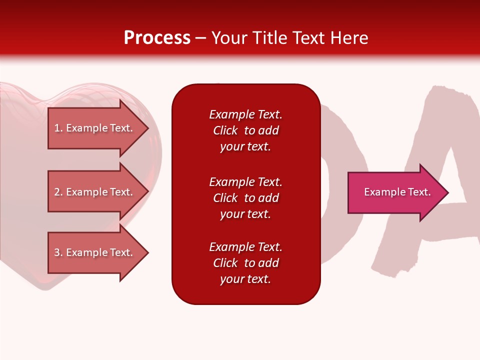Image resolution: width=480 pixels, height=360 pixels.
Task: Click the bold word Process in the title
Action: [157, 38]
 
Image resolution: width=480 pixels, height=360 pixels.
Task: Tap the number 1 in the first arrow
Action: [57, 128]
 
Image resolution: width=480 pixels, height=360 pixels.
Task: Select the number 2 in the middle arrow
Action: [57, 192]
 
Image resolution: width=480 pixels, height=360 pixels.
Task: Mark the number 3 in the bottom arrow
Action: [57, 252]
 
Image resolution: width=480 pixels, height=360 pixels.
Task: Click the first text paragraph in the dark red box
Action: [245, 130]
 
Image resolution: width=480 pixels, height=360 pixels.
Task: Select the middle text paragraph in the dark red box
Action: [245, 198]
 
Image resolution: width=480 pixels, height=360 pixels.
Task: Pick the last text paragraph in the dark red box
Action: [245, 263]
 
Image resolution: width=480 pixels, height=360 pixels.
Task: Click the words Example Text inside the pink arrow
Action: [397, 192]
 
